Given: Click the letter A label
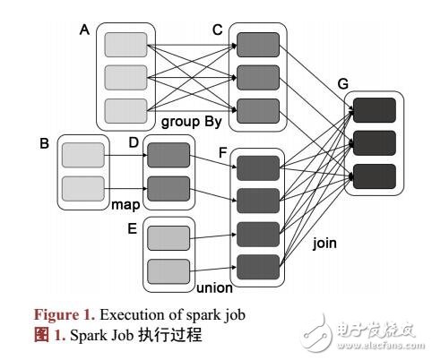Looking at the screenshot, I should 85,29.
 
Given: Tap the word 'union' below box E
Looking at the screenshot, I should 213,288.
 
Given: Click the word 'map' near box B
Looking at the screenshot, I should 125,204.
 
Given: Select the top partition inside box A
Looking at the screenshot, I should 125,44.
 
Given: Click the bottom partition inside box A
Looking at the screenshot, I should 125,110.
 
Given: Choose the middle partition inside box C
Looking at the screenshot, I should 258,78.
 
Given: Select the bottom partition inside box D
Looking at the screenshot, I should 168,188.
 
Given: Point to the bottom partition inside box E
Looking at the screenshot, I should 168,270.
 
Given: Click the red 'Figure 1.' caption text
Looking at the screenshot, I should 65,314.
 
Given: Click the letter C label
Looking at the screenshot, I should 216,29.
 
